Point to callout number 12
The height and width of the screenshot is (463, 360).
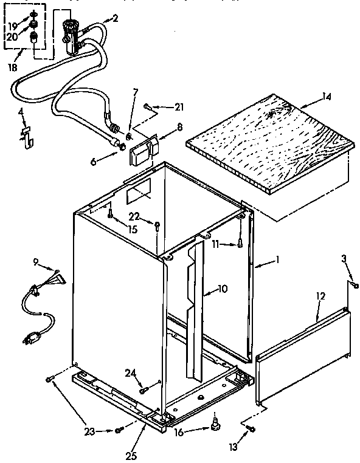320,296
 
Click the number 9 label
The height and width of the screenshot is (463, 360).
35,262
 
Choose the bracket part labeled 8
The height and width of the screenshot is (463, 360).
141,149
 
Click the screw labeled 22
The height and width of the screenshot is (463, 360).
157,227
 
